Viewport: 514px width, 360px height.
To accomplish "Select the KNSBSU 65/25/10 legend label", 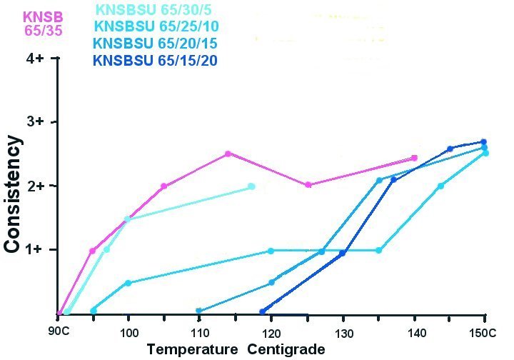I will tap(156, 27).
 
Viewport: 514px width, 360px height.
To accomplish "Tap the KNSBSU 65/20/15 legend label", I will tap(156, 44).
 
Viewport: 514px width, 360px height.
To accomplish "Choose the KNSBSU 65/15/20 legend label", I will tap(156, 60).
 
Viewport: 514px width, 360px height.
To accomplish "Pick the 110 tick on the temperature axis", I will tap(200, 334).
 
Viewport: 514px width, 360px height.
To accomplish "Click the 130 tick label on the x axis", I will tap(343, 334).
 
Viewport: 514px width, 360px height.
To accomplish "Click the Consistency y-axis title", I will tap(12, 194).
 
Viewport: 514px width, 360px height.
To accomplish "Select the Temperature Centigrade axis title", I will tap(236, 349).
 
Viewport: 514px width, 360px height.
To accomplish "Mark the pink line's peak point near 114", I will tap(228, 154).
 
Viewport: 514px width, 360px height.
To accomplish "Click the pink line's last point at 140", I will tap(414, 158).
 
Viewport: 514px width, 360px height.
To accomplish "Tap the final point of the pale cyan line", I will tap(251, 186).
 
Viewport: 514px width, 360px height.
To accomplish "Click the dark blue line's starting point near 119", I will tap(263, 311).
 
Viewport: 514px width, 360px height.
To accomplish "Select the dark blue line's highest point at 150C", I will tap(483, 141).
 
